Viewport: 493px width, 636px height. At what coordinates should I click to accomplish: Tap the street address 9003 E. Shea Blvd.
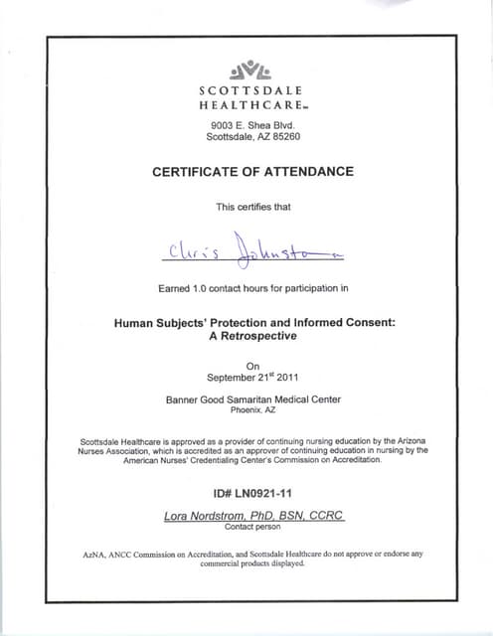coord(252,126)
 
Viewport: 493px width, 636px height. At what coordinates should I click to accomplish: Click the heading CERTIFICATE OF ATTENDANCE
coord(252,172)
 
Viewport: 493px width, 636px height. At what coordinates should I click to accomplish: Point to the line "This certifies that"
coord(252,207)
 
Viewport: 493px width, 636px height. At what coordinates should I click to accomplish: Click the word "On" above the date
coord(251,366)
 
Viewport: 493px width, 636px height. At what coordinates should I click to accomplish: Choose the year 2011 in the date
coord(284,378)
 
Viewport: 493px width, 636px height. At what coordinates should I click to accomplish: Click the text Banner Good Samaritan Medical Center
coord(252,399)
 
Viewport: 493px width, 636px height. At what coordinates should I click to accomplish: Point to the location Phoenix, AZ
coord(252,410)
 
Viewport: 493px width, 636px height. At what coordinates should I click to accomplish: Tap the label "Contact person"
coord(252,527)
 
